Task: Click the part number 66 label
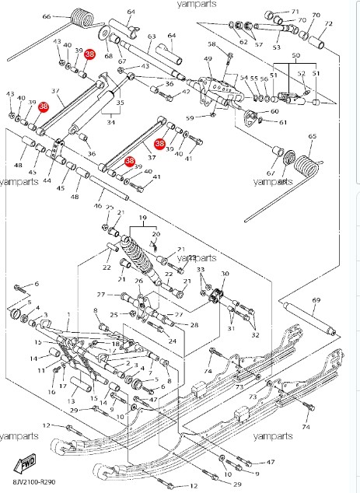(46, 16)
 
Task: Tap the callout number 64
(131, 12)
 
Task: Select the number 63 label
(152, 37)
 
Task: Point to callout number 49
(208, 59)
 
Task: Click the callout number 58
(211, 45)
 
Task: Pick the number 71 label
(295, 12)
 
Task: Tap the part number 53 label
(276, 47)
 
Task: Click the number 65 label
(312, 137)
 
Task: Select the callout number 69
(316, 299)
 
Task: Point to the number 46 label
(97, 206)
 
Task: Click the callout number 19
(142, 219)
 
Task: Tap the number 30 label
(225, 274)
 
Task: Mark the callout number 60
(275, 112)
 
